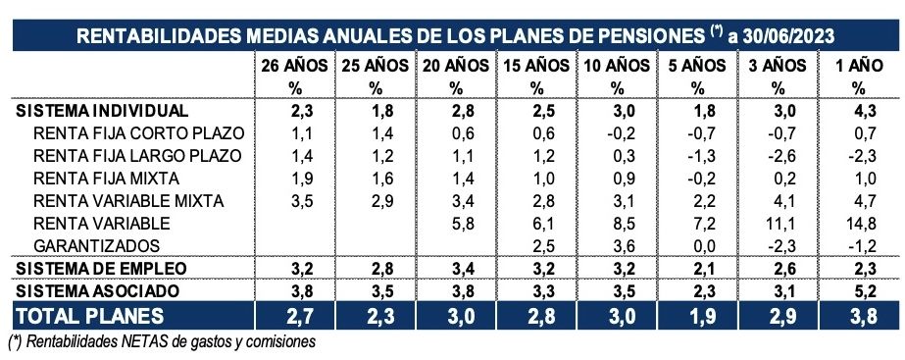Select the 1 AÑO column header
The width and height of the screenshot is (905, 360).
(851, 66)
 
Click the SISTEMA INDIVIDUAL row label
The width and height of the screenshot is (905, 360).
(103, 111)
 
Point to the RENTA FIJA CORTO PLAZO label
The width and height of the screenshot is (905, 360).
(137, 133)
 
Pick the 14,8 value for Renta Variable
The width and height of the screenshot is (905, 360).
(851, 224)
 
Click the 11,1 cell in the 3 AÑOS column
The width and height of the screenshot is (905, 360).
(773, 224)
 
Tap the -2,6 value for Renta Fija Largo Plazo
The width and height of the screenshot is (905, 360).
(773, 156)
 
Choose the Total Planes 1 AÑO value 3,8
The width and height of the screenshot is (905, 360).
(851, 316)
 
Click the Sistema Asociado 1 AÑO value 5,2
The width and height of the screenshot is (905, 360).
(851, 291)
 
